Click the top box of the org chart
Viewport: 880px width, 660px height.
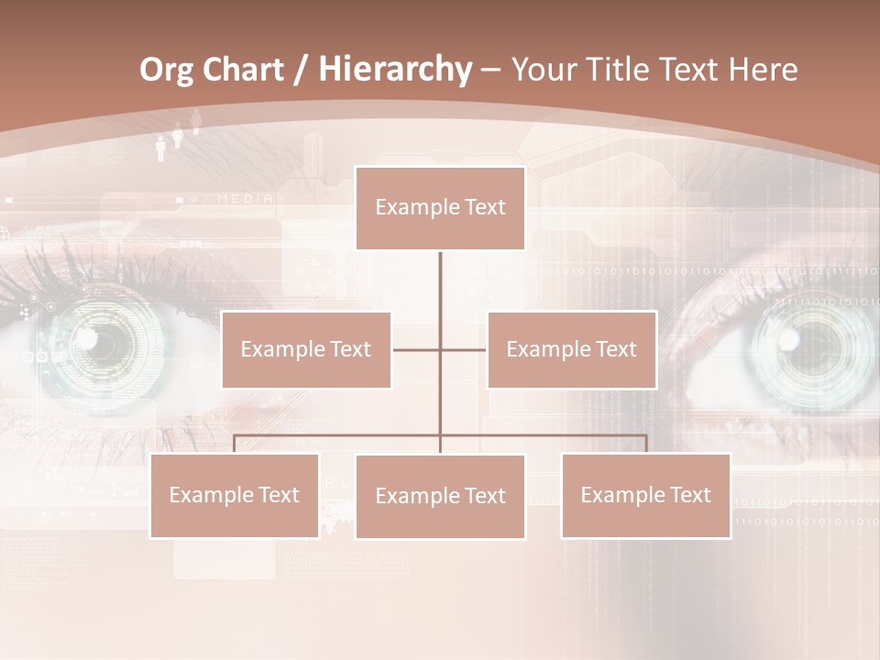coord(440,208)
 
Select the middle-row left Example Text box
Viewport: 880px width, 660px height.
coord(306,349)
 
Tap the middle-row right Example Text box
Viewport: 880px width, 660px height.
coord(571,349)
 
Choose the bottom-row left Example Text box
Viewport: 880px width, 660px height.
coord(235,495)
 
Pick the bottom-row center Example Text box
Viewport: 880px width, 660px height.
coord(440,496)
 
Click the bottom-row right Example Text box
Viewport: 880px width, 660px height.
coord(645,495)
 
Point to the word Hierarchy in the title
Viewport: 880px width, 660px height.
coord(395,71)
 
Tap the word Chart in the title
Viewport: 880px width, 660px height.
coord(244,71)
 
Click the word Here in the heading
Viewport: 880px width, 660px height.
coord(763,71)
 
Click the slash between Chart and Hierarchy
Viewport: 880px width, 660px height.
coord(301,71)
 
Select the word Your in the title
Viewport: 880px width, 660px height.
coord(544,71)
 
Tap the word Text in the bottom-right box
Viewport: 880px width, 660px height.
coord(689,495)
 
